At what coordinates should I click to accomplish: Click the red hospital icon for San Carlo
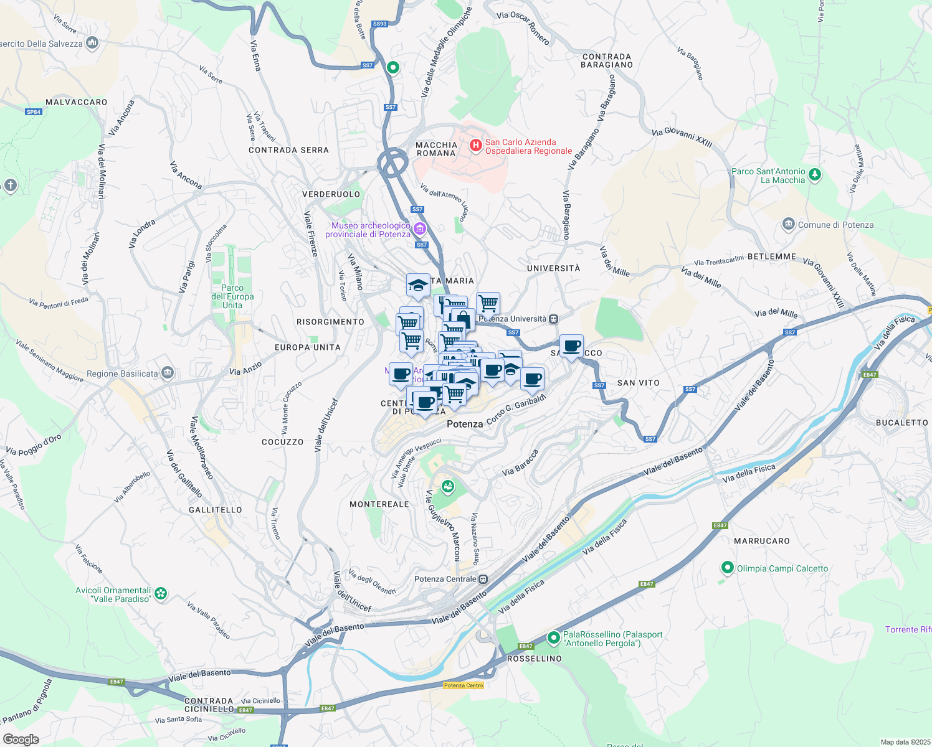tap(476, 146)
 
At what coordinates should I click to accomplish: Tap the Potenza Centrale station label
tap(445, 579)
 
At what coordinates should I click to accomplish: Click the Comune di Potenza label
tap(835, 225)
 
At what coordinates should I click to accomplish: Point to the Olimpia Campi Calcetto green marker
tap(727, 568)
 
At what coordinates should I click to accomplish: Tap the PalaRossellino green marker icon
tap(553, 637)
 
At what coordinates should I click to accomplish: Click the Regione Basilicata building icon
tap(167, 373)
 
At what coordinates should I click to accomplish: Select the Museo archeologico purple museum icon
tap(420, 229)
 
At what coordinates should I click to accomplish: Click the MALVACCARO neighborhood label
tap(77, 102)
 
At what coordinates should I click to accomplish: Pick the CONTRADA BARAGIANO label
tap(607, 60)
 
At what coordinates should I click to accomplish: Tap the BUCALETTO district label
tap(901, 423)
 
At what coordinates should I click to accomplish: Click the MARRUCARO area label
tap(761, 541)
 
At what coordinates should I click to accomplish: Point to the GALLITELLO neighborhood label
tap(215, 510)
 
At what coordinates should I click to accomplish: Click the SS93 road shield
tap(379, 24)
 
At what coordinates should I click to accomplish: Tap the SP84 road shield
tap(34, 112)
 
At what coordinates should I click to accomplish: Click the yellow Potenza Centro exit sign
tap(464, 685)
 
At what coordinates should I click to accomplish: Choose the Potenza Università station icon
tap(553, 319)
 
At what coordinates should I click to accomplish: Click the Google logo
tap(21, 740)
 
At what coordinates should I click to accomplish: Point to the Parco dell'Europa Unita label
tap(232, 296)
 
